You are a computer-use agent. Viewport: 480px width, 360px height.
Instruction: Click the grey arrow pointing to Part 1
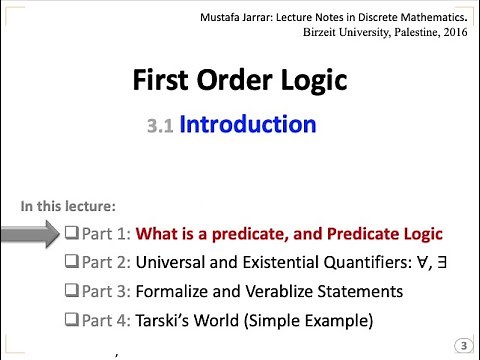(x=30, y=236)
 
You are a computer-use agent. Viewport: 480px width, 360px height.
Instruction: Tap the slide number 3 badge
(x=463, y=345)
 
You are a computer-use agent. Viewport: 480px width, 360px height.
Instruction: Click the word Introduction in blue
(x=248, y=125)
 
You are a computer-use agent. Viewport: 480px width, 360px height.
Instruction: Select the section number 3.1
(x=160, y=127)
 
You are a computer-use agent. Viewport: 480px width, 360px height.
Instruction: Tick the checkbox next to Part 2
(x=71, y=263)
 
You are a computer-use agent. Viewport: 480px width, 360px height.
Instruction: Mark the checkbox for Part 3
(x=71, y=292)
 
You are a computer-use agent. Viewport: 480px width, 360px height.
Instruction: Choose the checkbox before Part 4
(x=71, y=321)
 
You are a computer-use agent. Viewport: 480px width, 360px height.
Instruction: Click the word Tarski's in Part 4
(x=164, y=321)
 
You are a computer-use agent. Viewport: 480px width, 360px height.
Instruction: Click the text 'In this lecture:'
(x=68, y=207)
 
